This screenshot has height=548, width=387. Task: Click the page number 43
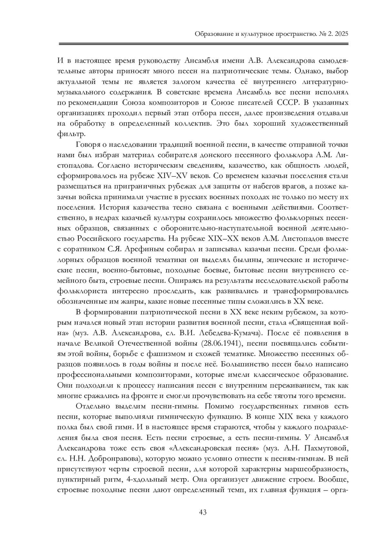[x=203, y=512]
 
